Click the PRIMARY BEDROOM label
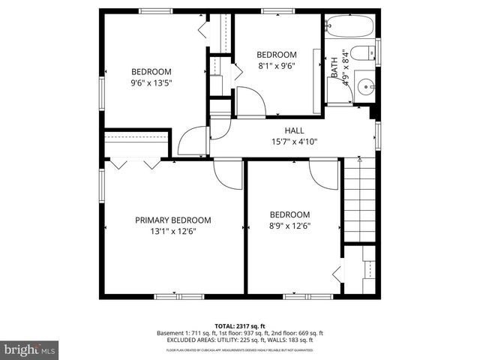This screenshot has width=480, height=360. pos(172,220)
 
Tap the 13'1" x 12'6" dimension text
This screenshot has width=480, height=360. pos(172,232)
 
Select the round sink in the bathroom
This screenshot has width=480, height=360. pos(366,85)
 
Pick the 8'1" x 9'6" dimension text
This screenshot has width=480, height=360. pos(277,66)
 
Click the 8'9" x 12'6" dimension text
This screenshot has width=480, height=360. pos(289,226)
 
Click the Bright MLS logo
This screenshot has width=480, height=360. pos(28,349)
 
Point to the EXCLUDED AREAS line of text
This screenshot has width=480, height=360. pos(240,341)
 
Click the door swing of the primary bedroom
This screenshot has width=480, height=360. pos(226,174)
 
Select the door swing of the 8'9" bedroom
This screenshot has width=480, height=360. pos(324,174)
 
